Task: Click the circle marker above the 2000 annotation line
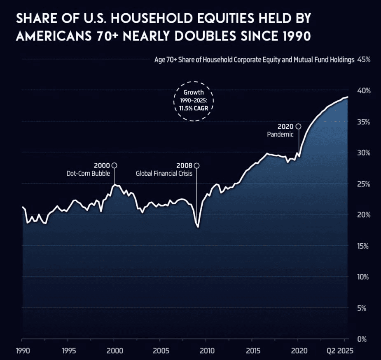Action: (x=115, y=165)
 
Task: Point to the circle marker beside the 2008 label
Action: (x=197, y=165)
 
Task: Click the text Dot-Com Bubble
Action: (x=88, y=174)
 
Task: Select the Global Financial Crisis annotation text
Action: (x=164, y=174)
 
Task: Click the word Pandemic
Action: (x=280, y=134)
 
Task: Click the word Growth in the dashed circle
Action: (x=194, y=93)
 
